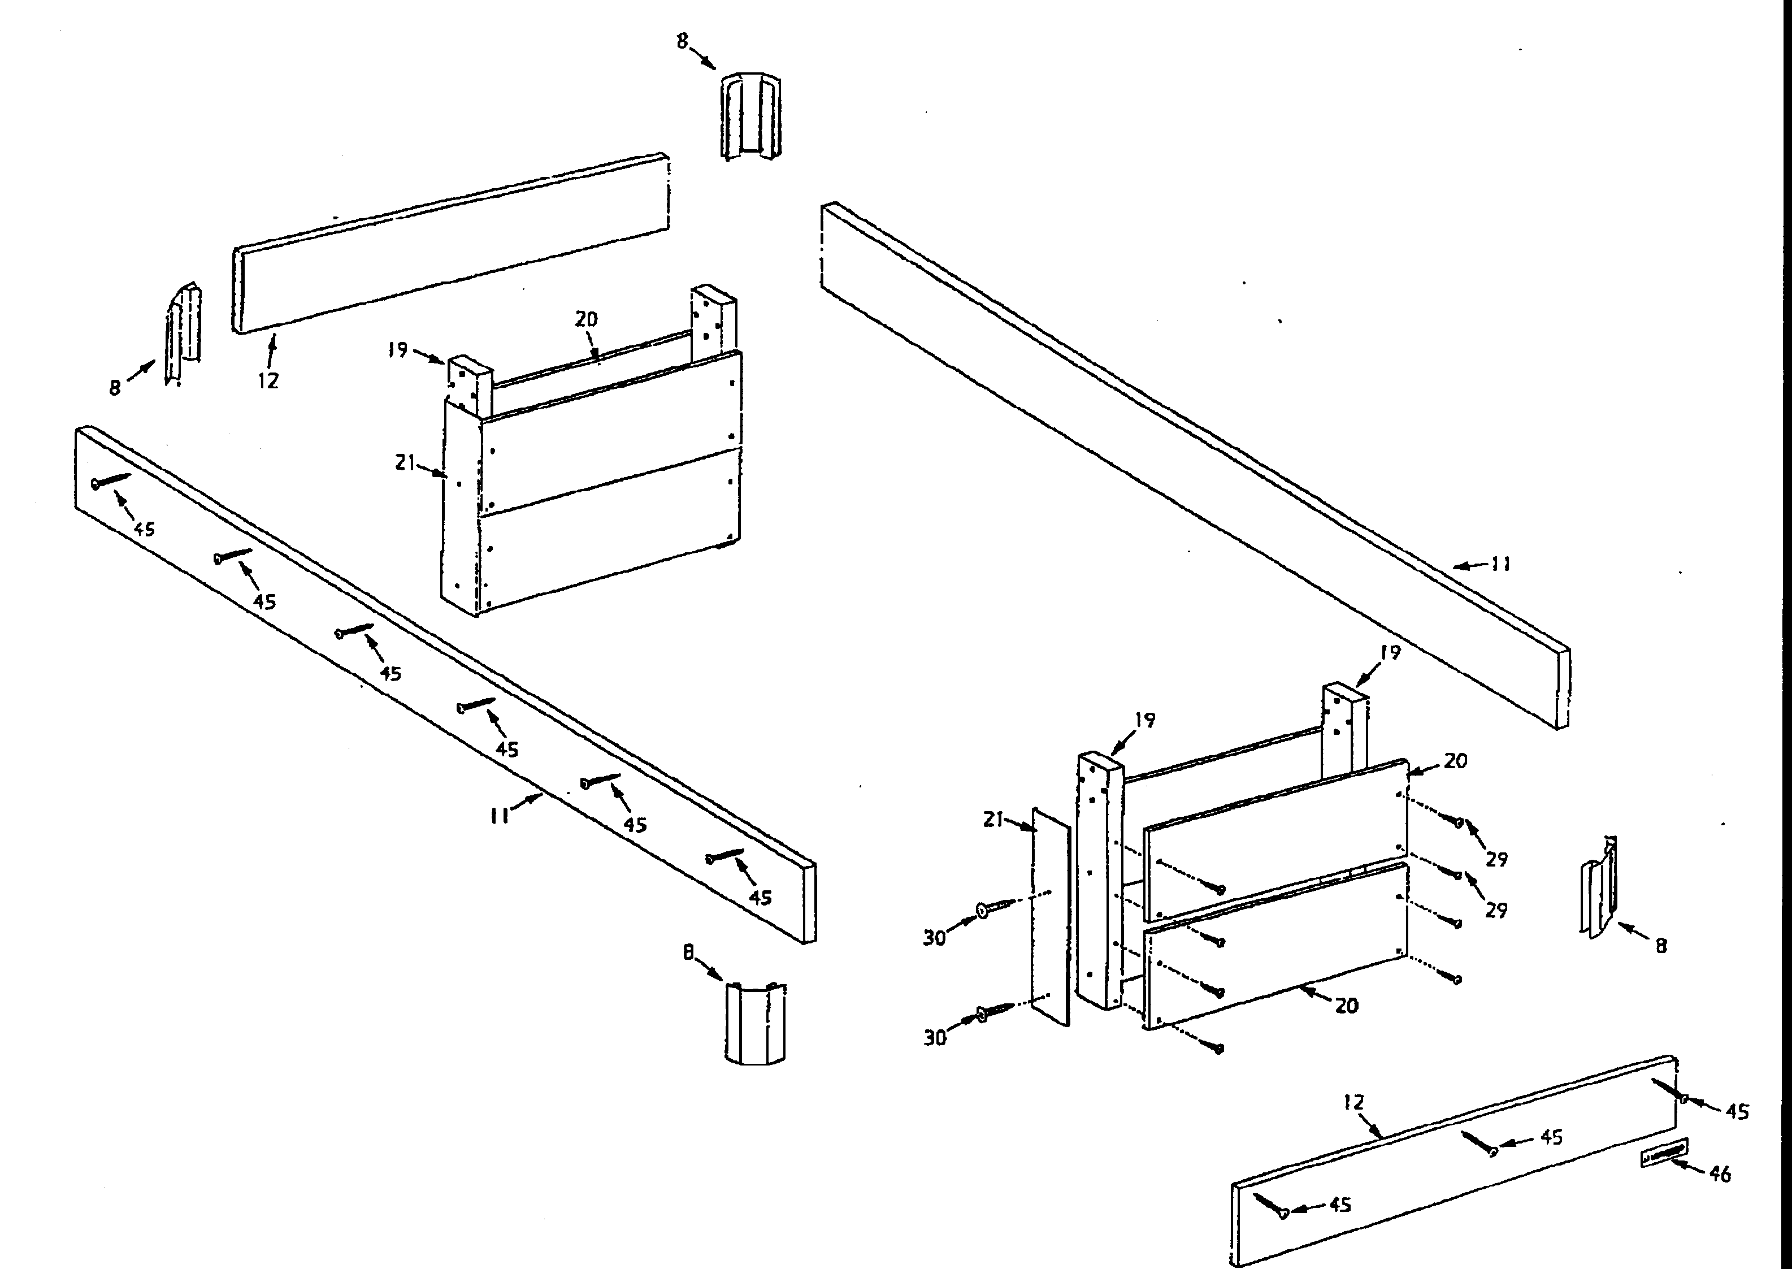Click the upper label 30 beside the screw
click(x=934, y=938)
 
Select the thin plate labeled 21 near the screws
click(x=1051, y=917)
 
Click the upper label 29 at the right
click(x=1496, y=860)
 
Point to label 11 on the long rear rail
click(x=1500, y=564)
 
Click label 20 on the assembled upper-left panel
click(x=586, y=319)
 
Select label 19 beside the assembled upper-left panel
click(x=398, y=349)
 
